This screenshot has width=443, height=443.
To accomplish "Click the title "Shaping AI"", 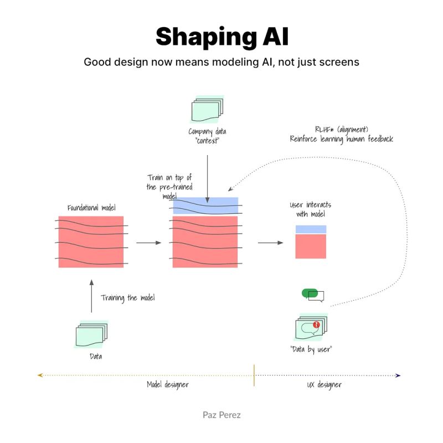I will tap(221, 37).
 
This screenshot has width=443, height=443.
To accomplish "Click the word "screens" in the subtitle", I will tap(337, 62).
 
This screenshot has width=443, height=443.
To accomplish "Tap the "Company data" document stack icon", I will tap(207, 110).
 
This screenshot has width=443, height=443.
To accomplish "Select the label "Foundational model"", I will tap(91, 208).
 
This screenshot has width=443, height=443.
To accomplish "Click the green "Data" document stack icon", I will tap(91, 334).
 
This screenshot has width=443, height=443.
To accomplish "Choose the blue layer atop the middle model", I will tap(205, 205).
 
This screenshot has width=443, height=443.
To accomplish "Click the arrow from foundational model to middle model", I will tap(148, 243).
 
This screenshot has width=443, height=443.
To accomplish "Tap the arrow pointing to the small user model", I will tap(270, 243).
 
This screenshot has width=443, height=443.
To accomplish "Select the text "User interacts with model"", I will tap(310, 209).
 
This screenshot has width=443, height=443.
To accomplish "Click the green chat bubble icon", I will tap(310, 293).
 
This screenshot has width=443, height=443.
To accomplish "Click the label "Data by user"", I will tap(311, 349).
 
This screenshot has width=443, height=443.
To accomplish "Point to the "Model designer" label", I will tap(167, 384).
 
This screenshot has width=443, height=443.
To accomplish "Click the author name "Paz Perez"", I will tap(221, 414).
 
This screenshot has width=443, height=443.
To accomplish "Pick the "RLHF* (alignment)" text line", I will tap(342, 130).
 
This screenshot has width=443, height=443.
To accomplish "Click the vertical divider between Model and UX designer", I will tap(254, 375).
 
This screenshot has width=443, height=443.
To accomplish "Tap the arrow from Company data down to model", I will tap(207, 177).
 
